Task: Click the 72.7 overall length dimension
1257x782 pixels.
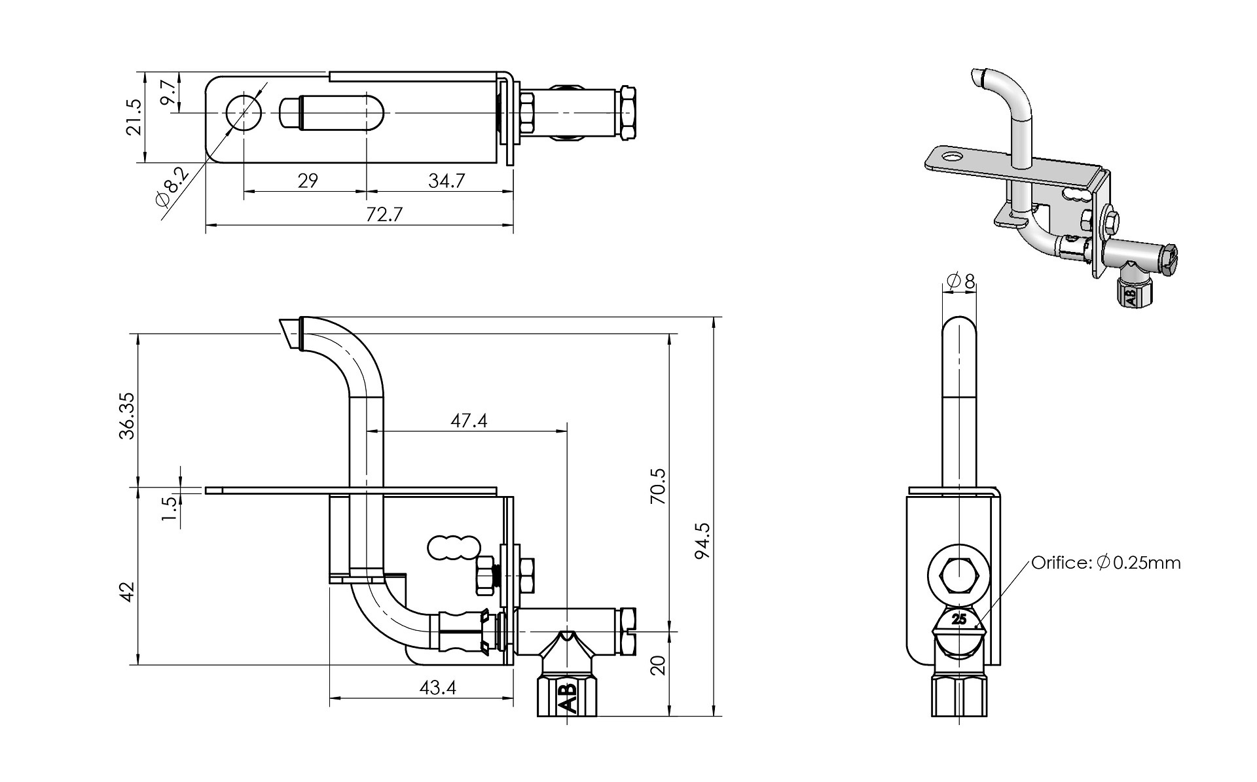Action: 384,215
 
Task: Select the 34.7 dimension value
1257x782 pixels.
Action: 446,181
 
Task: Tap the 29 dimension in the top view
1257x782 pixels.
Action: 308,181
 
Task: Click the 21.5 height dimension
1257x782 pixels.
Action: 133,117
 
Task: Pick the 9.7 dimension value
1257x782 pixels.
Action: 168,93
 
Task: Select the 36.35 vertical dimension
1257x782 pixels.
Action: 127,416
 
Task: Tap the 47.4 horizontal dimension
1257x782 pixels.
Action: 469,420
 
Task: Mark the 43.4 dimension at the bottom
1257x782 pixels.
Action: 437,688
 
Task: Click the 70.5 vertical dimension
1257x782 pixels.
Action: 658,486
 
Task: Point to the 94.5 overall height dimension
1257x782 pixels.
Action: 702,541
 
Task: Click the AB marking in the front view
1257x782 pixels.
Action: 567,698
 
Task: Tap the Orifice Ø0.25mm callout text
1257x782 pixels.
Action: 1106,562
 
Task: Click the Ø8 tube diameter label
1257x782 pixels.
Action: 961,281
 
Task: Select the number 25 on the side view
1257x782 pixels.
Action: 959,619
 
